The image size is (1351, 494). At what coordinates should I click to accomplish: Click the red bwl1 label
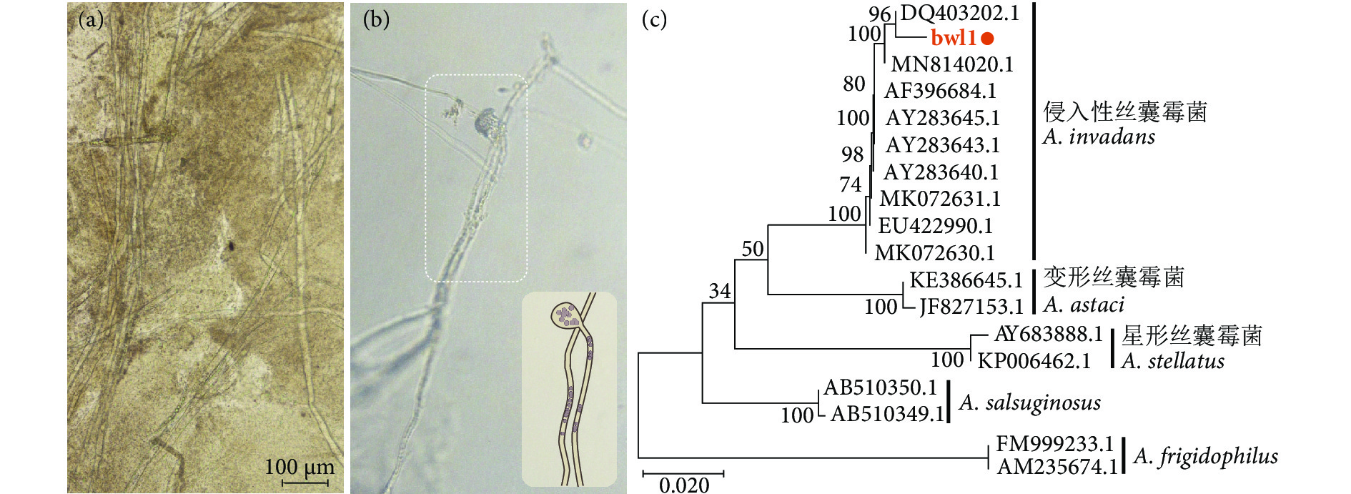pos(953,38)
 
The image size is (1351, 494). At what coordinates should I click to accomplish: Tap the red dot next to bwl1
pos(988,39)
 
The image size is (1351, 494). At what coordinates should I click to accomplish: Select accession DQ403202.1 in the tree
pos(959,13)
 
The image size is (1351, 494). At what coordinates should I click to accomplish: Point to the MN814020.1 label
pos(951,64)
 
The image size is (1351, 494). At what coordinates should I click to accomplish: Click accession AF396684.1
pos(940,91)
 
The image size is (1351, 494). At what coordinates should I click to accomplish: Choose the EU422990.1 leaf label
pos(935,226)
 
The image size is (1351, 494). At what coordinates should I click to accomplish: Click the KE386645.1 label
pos(966,280)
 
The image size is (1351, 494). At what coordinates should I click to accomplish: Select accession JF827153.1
pos(971,307)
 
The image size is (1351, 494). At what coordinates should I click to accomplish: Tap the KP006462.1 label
pos(1034,360)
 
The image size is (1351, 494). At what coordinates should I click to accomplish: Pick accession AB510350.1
pos(880,387)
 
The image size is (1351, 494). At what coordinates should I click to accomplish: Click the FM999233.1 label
pos(1055,444)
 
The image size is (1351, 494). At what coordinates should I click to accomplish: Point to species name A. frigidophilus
pos(1206,456)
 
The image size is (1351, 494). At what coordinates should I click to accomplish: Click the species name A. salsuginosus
pos(1029,402)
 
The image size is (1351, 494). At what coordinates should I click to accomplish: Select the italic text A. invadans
pos(1099,137)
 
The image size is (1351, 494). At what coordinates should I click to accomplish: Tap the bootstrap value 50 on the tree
pos(753,249)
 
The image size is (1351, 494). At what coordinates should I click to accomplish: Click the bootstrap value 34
pos(720,291)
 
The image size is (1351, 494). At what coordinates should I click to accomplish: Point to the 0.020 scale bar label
pos(684,485)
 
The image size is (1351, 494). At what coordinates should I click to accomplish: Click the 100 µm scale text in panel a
pos(300,467)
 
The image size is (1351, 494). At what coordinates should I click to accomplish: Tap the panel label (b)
pos(376,19)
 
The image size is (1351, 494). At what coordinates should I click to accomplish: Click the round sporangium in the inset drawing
pos(566,314)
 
